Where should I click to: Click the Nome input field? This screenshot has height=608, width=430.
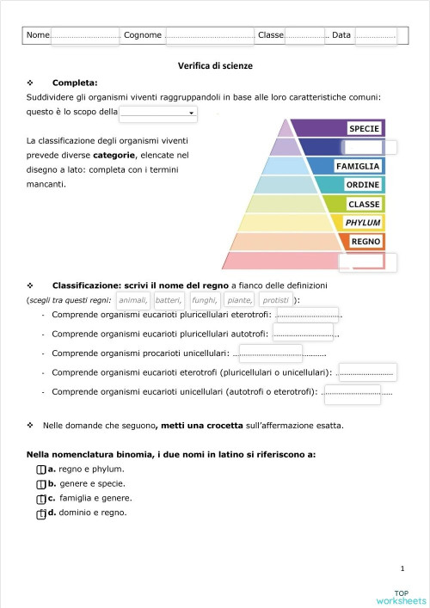[85, 35]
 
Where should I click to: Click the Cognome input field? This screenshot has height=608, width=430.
[210, 35]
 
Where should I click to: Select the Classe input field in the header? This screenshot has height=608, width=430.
[304, 35]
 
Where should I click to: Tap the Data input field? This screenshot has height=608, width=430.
[375, 35]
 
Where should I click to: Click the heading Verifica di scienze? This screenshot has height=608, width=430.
[215, 65]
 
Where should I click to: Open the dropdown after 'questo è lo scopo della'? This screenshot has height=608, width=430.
[158, 113]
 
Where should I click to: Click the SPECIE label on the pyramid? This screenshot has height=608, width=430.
[364, 129]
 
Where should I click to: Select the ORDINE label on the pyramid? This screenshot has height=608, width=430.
[362, 185]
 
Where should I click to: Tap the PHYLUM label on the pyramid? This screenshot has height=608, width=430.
[362, 223]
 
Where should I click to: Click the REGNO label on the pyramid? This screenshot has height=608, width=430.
[365, 242]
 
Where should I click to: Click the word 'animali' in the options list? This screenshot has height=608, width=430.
[132, 300]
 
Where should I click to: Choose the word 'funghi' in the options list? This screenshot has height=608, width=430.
[205, 300]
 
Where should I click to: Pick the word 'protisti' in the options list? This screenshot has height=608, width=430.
[275, 300]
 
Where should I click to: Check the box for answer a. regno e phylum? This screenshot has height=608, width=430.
[40, 470]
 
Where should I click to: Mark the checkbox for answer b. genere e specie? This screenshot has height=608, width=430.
[40, 484]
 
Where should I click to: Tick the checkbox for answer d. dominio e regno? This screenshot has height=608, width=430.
[40, 513]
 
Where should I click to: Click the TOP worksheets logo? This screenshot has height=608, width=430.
[401, 597]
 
